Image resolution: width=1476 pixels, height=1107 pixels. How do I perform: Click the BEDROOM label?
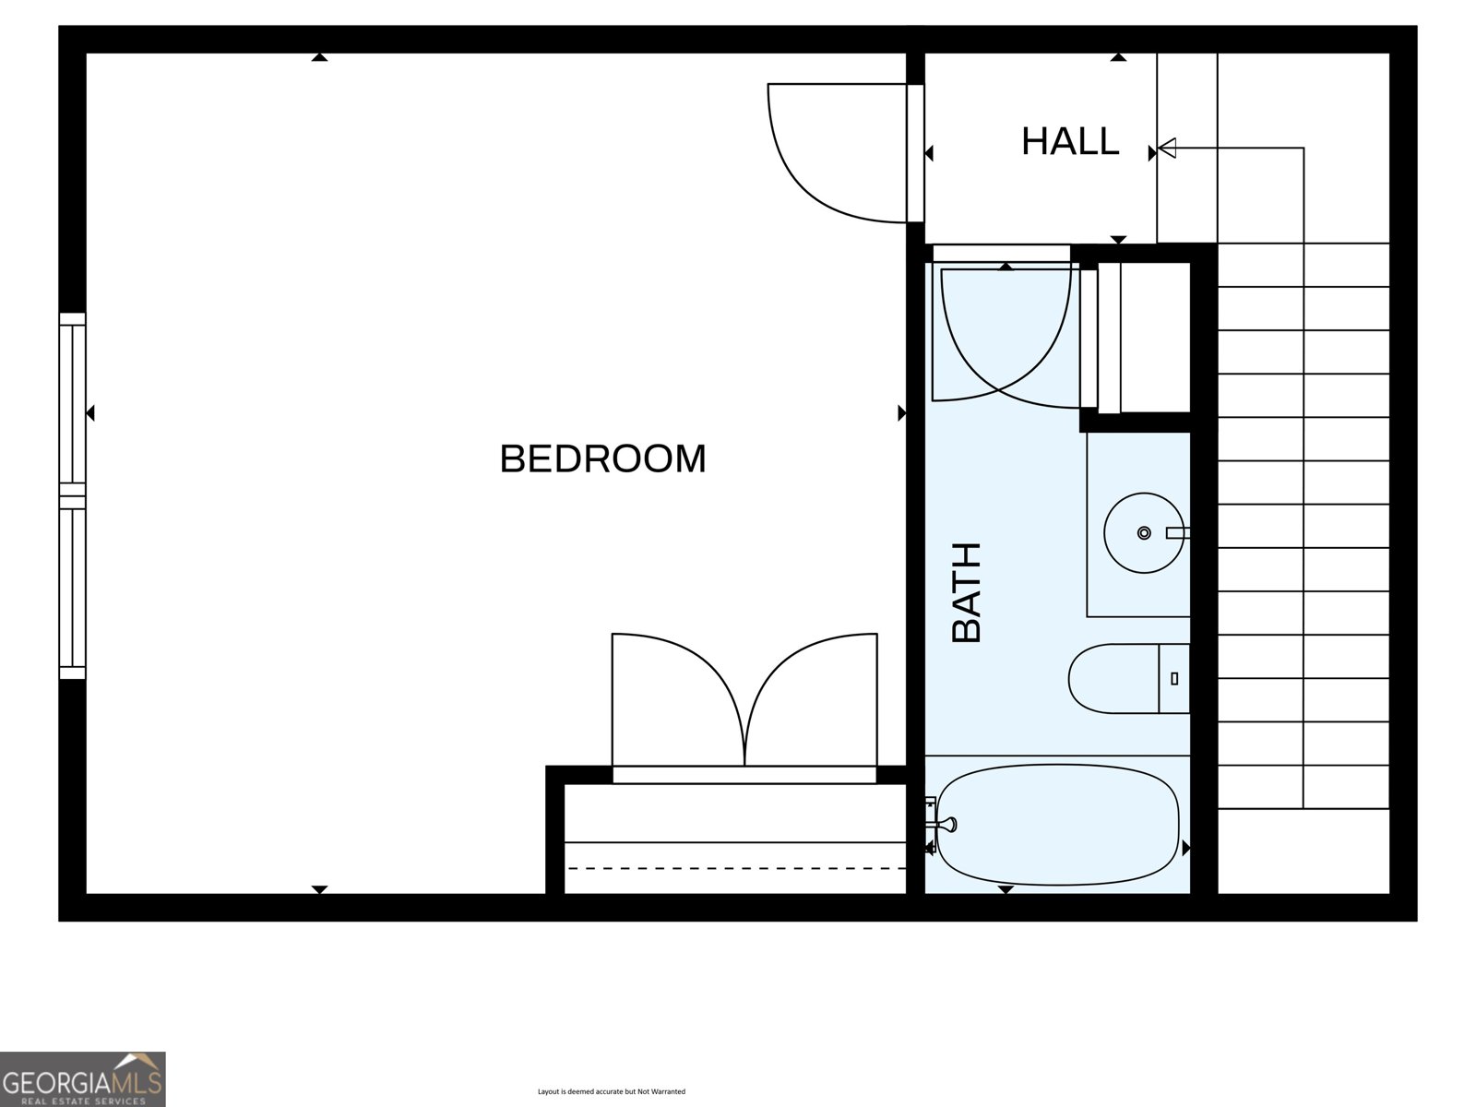tap(602, 458)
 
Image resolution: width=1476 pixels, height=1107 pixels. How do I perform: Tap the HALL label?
tap(1070, 141)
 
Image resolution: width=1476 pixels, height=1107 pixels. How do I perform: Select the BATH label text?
tap(967, 592)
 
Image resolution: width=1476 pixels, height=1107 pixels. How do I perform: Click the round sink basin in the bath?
tap(1143, 532)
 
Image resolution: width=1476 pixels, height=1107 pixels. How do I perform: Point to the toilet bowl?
tap(1113, 678)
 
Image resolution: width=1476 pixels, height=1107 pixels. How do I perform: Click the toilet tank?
tap(1174, 678)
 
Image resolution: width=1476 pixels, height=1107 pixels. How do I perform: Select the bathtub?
tap(1058, 824)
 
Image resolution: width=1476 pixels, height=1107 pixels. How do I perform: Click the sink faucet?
tap(1177, 532)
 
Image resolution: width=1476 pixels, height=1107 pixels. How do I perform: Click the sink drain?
tap(1144, 532)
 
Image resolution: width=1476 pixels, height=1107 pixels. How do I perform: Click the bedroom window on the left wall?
tap(73, 496)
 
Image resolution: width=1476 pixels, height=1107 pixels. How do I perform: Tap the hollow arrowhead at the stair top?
tap(1167, 148)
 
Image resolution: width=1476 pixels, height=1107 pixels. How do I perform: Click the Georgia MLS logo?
tap(82, 1078)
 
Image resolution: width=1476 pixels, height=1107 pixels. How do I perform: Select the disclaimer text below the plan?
tap(612, 1091)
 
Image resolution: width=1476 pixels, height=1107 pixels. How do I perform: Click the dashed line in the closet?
tap(737, 868)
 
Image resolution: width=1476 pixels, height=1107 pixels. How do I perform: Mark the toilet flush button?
tap(1174, 678)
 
